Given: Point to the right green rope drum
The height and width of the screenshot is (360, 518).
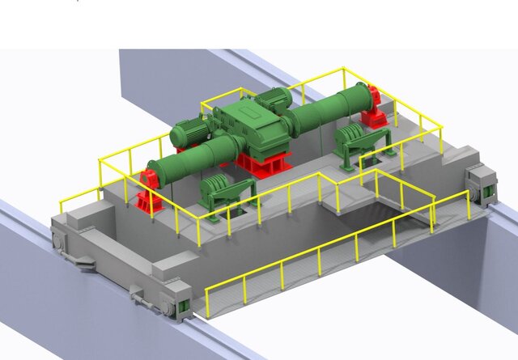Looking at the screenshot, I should (x=332, y=109).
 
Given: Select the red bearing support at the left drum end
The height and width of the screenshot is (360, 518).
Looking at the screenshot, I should (x=148, y=192).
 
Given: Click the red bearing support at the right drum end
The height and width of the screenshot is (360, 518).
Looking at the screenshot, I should (x=374, y=106).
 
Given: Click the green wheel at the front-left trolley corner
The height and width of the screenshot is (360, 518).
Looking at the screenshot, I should (x=185, y=307).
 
